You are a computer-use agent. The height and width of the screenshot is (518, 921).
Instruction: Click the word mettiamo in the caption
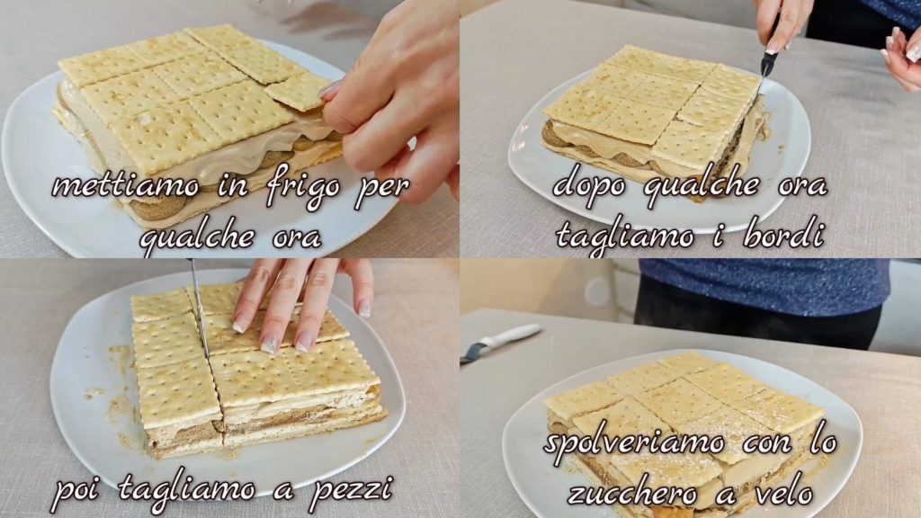126,186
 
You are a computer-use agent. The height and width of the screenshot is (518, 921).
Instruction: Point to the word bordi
783,236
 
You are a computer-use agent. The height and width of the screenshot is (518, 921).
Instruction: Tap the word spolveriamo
635,442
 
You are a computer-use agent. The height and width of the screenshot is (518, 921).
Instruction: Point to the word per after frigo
381,188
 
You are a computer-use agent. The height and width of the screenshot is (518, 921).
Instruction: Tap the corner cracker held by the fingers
298,93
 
